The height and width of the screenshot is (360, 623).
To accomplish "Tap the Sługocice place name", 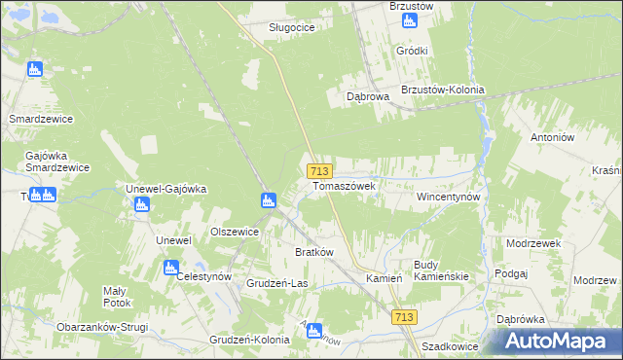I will click(291, 27).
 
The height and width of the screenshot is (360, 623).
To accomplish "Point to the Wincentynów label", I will click(449, 196).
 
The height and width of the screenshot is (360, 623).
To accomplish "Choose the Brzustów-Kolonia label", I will click(442, 90).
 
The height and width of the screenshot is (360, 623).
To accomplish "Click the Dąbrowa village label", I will click(368, 96).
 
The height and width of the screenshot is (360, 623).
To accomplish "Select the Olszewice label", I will click(235, 232).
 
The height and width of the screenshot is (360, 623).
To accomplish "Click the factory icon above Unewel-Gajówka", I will click(141, 204).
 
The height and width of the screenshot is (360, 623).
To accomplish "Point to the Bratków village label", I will click(314, 252).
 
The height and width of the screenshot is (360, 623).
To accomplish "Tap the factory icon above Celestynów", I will click(171, 268).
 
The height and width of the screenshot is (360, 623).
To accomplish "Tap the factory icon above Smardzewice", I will click(35, 69).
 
